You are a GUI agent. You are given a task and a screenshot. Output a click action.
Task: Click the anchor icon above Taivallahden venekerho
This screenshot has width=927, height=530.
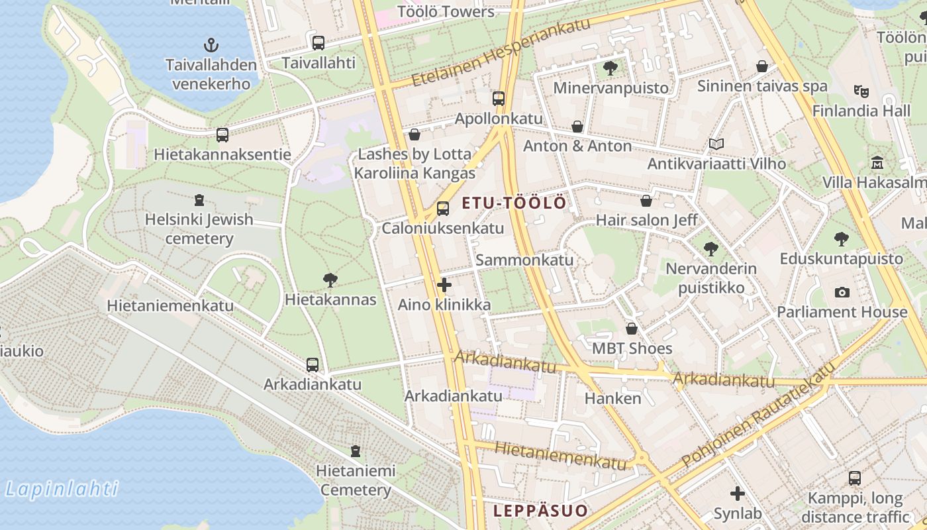click(x=211, y=45)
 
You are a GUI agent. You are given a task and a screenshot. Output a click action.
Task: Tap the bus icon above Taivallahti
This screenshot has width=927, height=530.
click(x=318, y=43)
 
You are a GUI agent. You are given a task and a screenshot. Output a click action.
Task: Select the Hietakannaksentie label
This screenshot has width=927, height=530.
click(x=222, y=154)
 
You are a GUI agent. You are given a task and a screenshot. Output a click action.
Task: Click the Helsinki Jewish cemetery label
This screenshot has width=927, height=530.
click(x=199, y=229)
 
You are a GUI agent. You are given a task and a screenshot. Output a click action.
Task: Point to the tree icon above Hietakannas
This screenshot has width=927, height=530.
click(x=330, y=280)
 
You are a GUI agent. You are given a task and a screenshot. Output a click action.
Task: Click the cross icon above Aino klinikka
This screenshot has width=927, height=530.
click(x=444, y=286)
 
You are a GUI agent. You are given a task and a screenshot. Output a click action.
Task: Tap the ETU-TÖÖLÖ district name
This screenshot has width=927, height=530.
click(x=514, y=203)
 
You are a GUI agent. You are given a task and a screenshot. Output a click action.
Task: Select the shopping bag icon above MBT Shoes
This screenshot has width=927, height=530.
click(x=632, y=329)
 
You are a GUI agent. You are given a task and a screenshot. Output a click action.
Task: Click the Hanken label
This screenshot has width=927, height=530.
click(x=613, y=398)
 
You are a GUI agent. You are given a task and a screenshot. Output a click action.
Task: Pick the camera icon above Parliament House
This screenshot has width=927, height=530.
click(x=842, y=292)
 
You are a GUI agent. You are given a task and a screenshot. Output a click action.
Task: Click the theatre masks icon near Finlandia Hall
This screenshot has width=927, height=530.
click(x=861, y=91)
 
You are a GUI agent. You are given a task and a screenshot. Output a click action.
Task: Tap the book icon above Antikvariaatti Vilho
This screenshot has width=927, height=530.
click(x=716, y=144)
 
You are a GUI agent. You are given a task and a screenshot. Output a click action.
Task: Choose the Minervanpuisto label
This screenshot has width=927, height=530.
click(x=610, y=87)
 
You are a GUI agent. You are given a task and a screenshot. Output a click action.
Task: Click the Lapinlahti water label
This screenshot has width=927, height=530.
click(x=61, y=490)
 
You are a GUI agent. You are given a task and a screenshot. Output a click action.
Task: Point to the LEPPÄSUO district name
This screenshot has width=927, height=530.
click(x=540, y=511)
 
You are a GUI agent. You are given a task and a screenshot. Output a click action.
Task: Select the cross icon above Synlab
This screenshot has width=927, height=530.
click(x=738, y=494)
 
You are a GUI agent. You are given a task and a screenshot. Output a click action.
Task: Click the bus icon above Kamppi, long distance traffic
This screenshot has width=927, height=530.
click(x=855, y=478)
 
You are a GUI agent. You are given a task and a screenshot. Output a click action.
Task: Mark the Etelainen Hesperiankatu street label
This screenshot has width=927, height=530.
click(x=501, y=52)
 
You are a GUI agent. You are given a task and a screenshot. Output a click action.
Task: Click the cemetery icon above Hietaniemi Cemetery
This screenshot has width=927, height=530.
click(x=356, y=451)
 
